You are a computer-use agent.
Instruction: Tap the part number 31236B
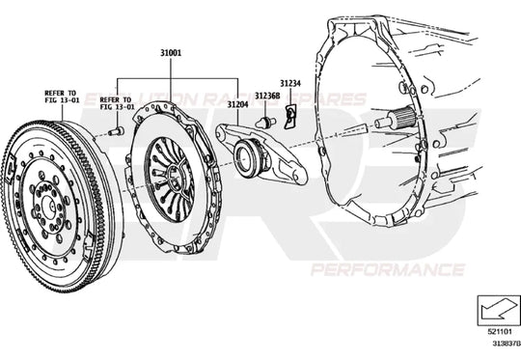[267, 96]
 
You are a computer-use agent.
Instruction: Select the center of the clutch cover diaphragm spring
[174, 175]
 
